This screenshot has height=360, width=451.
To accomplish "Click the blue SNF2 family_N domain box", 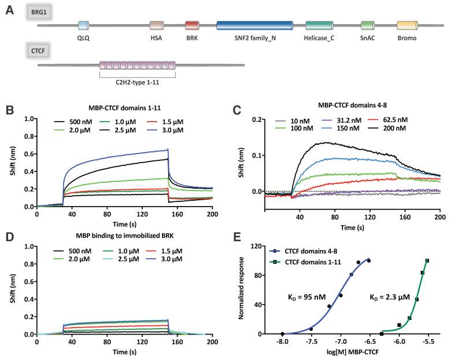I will coord(254,25).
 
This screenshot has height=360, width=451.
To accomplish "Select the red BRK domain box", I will coord(192,25).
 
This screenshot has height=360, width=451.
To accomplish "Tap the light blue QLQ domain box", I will coord(84,25).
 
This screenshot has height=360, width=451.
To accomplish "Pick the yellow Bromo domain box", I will coord(407,25).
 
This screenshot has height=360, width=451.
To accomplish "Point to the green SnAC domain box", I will coord(367,25).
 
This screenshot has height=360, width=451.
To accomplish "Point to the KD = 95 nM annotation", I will coord(308,297).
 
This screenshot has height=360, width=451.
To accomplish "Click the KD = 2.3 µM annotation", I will coord(390,297).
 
